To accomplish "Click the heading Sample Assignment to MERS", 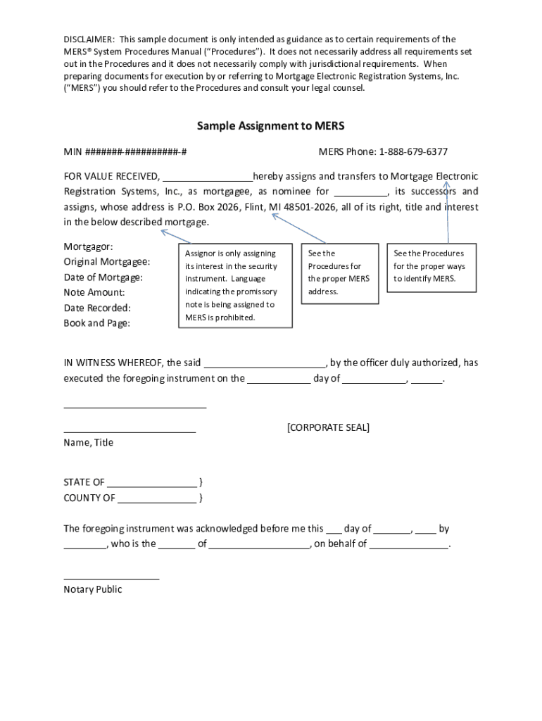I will pos(270,126).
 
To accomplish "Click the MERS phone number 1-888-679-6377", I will pos(413,152).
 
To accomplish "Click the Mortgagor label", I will pos(88,247).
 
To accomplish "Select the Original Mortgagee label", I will pos(106,262).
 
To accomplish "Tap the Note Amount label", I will pos(94,292).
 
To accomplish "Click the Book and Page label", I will pos(96,323).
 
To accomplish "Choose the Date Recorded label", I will pos(97,308).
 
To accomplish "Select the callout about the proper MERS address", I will pos(339,272).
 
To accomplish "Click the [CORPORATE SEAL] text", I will pos(328,428).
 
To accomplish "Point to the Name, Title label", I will pos(88,443).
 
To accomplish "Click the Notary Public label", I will pos(92,590).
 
